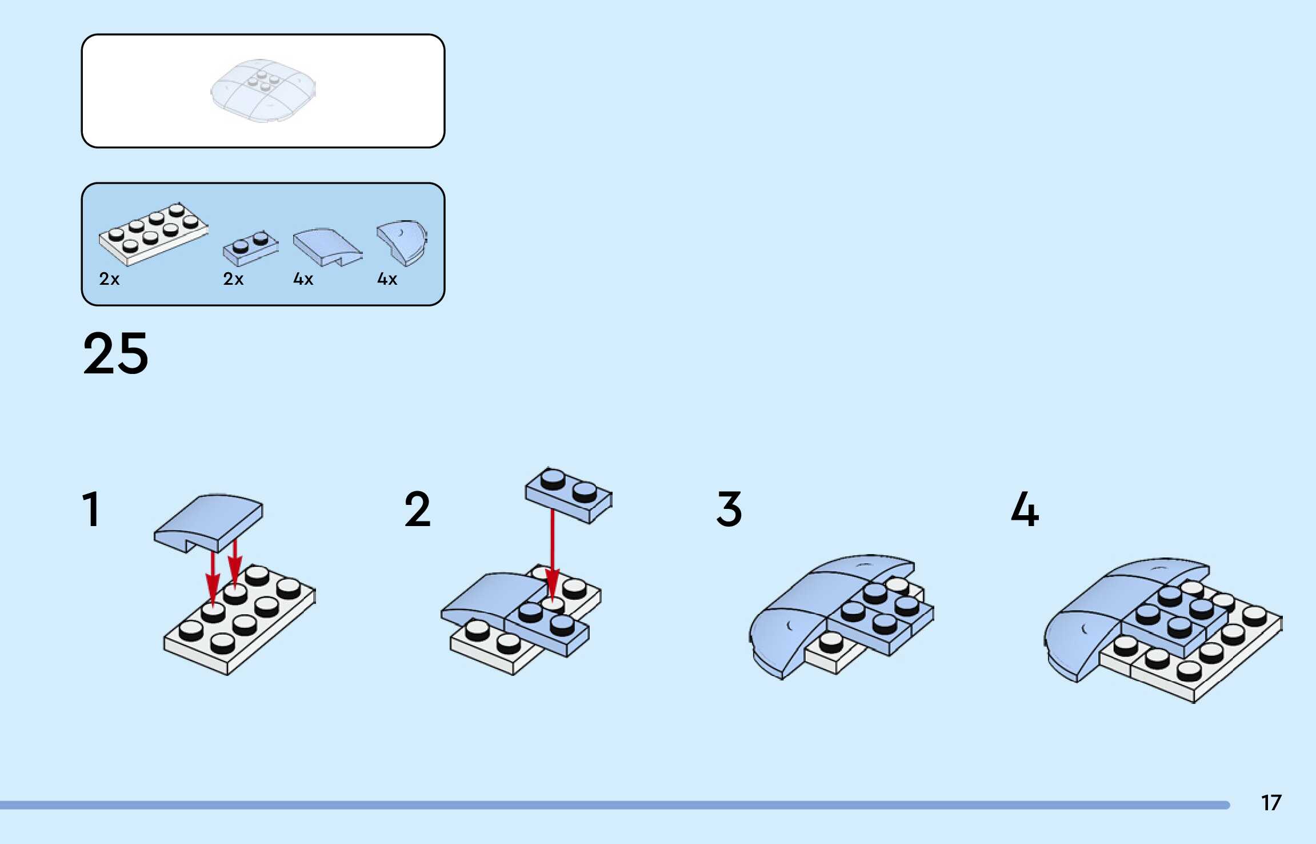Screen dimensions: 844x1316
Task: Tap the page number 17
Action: tap(1271, 803)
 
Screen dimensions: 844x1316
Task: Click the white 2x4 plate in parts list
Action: tap(153, 234)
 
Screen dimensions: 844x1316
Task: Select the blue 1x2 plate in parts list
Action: tap(250, 248)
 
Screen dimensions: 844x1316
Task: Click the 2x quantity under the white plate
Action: tap(109, 279)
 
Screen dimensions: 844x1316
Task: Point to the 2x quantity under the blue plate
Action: tap(233, 279)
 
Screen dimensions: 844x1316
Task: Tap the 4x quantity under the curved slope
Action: tap(303, 279)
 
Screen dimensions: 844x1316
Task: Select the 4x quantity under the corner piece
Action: tap(387, 279)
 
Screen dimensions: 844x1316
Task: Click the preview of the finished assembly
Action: tap(263, 90)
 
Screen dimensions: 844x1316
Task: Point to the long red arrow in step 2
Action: tap(552, 549)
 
